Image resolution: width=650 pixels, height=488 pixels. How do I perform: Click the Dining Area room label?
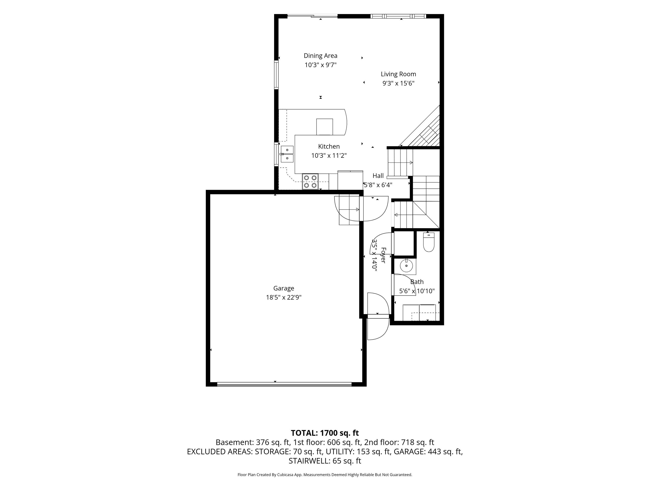(320, 56)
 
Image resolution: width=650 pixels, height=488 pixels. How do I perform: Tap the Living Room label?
(398, 74)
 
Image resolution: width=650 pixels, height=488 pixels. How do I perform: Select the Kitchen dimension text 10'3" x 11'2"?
(329, 155)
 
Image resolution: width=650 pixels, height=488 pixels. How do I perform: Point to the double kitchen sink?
(287, 154)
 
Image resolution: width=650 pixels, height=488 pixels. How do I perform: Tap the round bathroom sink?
(406, 266)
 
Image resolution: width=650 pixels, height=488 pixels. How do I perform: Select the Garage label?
(284, 288)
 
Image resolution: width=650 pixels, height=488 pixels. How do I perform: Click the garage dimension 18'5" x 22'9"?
(284, 297)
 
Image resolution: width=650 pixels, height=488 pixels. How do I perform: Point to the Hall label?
(378, 176)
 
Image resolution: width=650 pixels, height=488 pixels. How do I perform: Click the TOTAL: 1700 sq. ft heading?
(325, 433)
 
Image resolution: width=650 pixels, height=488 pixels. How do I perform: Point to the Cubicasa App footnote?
(325, 475)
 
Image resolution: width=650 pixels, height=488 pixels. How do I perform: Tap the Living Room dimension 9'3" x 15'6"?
(398, 83)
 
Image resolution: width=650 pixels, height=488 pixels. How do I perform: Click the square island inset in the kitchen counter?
(324, 127)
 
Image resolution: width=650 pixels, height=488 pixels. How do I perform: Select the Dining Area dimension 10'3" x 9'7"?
(320, 65)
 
